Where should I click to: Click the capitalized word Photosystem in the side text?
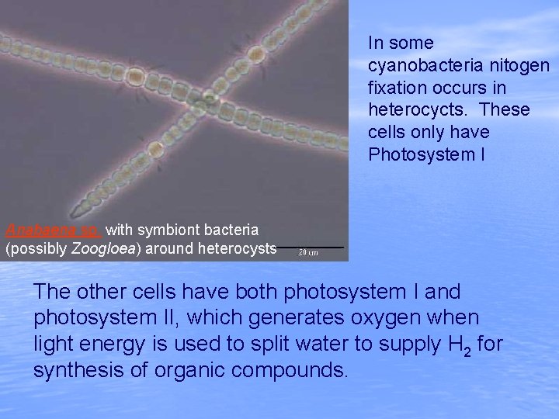pos(419,155)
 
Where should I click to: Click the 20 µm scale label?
pos(308,253)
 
